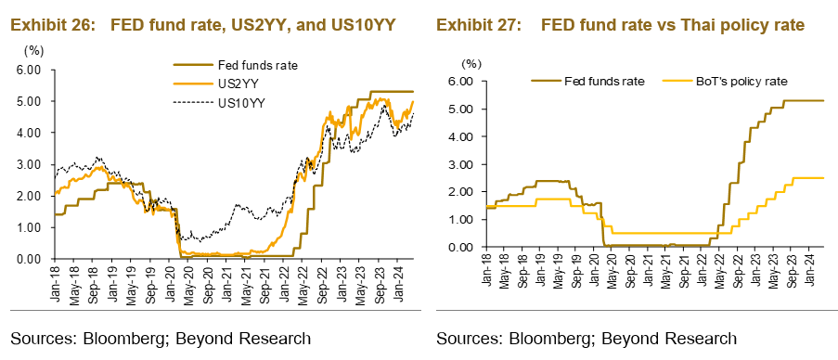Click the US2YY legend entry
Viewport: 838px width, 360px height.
point(237,84)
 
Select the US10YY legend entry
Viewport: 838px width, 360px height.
point(241,102)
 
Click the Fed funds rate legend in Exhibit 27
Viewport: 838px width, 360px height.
point(604,82)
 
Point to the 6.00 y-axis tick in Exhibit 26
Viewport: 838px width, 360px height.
point(29,70)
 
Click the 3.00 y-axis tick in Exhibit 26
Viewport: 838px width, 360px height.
point(29,164)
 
